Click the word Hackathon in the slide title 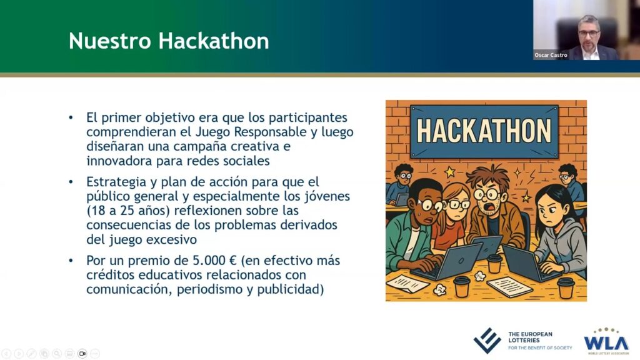pyautogui.click(x=214, y=41)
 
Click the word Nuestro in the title pyautogui.click(x=110, y=41)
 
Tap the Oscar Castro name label pyautogui.click(x=551, y=55)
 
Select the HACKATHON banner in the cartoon pyautogui.click(x=484, y=131)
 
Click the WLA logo pyautogui.click(x=606, y=341)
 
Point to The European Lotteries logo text pyautogui.click(x=539, y=341)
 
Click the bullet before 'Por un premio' pyautogui.click(x=71, y=261)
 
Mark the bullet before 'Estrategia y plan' pyautogui.click(x=71, y=182)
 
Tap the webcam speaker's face pyautogui.click(x=589, y=33)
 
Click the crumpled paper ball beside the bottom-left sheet pyautogui.click(x=440, y=289)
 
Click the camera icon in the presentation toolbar pyautogui.click(x=82, y=354)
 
